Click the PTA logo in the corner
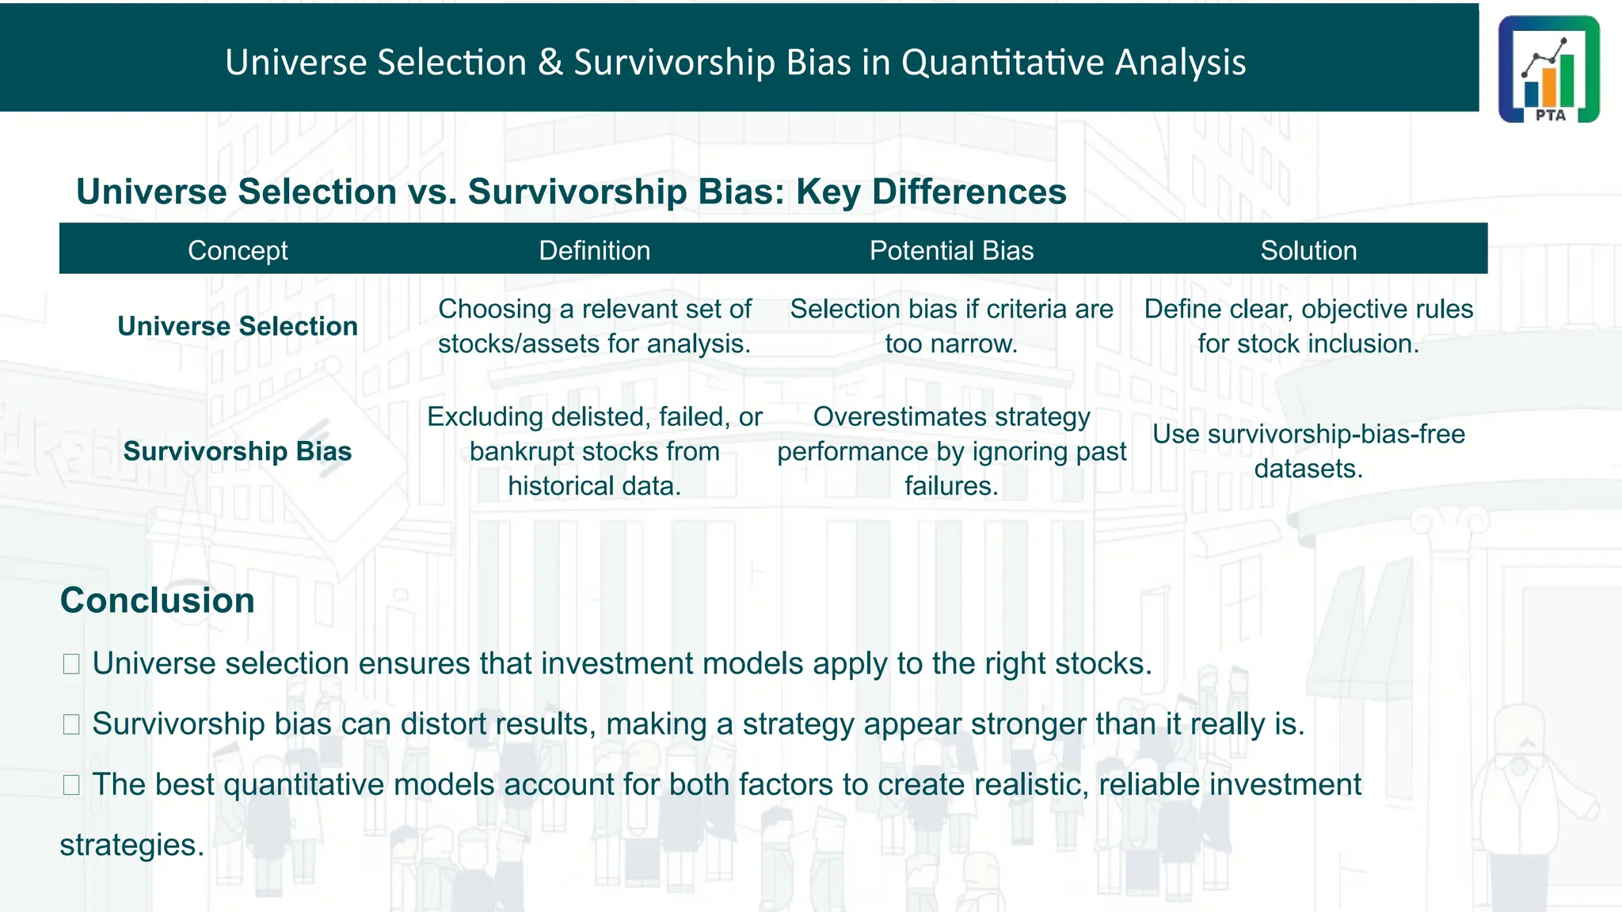pyautogui.click(x=1548, y=69)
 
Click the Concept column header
pyautogui.click(x=238, y=250)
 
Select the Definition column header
pyautogui.click(x=594, y=250)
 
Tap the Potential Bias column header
pyautogui.click(x=951, y=250)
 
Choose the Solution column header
pyautogui.click(x=1308, y=250)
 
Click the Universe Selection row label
pyautogui.click(x=238, y=326)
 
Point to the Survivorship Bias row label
pyautogui.click(x=238, y=451)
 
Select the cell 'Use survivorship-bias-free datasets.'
pyautogui.click(x=1308, y=451)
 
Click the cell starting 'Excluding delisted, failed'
pyautogui.click(x=594, y=451)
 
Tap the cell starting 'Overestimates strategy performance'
pyautogui.click(x=951, y=451)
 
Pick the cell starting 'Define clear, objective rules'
pyautogui.click(x=1308, y=326)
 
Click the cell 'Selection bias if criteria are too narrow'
pyautogui.click(x=951, y=326)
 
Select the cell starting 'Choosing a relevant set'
pyautogui.click(x=594, y=326)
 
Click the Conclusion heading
pyautogui.click(x=158, y=600)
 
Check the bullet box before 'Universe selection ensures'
pyautogui.click(x=71, y=663)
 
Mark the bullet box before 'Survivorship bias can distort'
pyautogui.click(x=71, y=724)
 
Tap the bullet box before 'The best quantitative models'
pyautogui.click(x=71, y=785)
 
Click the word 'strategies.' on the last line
pyautogui.click(x=132, y=845)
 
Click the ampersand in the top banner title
pyautogui.click(x=550, y=63)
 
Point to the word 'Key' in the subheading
pyautogui.click(x=828, y=192)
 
